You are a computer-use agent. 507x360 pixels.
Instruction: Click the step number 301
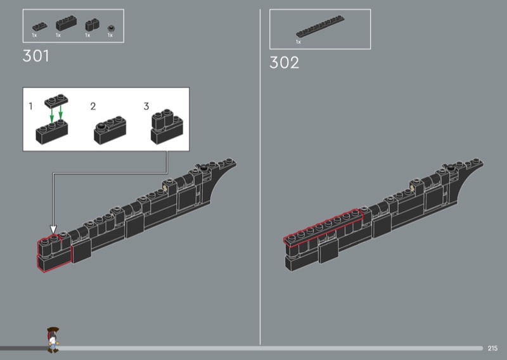[x=36, y=56]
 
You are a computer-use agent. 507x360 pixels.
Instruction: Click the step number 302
[x=284, y=62]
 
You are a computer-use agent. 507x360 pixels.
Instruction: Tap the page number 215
[x=492, y=349]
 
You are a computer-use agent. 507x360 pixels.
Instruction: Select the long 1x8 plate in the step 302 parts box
[x=320, y=26]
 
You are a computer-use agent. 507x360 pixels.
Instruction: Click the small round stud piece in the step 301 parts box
[x=111, y=28]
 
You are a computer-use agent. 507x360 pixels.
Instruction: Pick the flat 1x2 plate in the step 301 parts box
[x=40, y=26]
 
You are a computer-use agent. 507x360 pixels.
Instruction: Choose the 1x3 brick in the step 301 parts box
[x=67, y=23]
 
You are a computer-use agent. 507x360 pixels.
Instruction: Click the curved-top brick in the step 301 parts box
[x=92, y=25]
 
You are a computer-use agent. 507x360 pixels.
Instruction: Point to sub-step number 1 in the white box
[x=30, y=106]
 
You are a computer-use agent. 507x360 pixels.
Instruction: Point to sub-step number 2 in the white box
[x=93, y=106]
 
